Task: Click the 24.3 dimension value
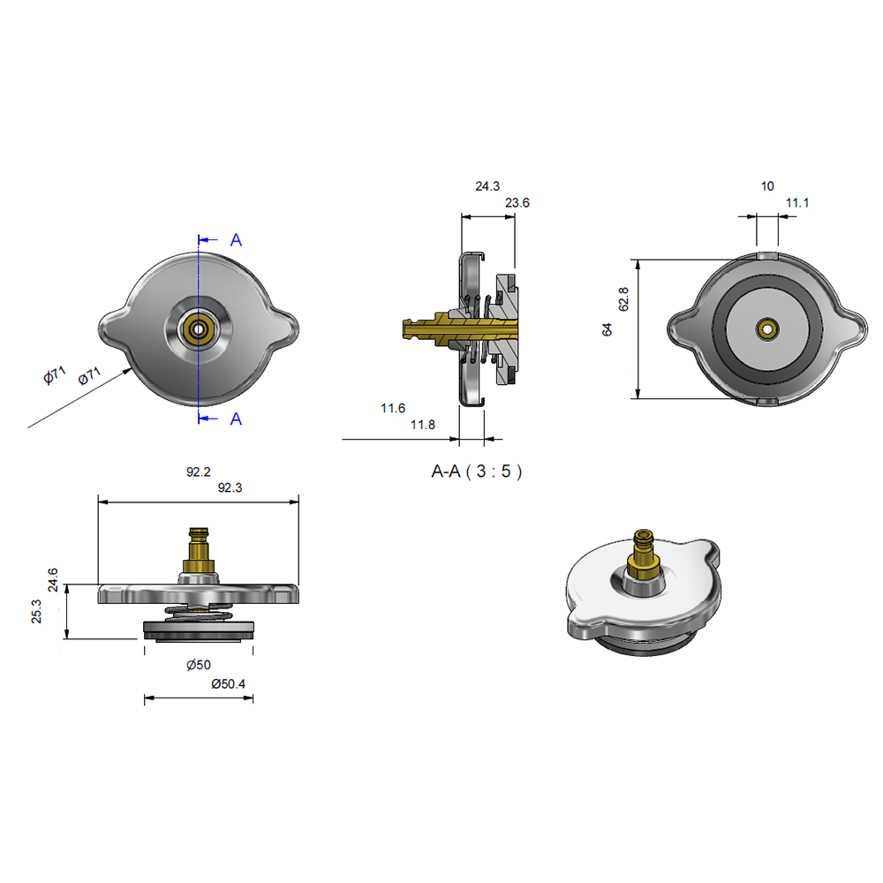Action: point(487,186)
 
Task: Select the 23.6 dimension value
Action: point(517,203)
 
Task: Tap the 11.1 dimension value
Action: point(797,203)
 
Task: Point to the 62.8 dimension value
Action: point(624,298)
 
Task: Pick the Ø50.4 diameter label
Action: point(229,683)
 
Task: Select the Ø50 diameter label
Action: point(199,665)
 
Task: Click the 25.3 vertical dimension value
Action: point(36,612)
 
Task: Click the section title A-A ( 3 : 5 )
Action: point(477,472)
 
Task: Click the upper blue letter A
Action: point(236,240)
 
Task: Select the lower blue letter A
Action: point(236,419)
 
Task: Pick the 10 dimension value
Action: point(766,186)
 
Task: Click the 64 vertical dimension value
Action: point(607,329)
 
